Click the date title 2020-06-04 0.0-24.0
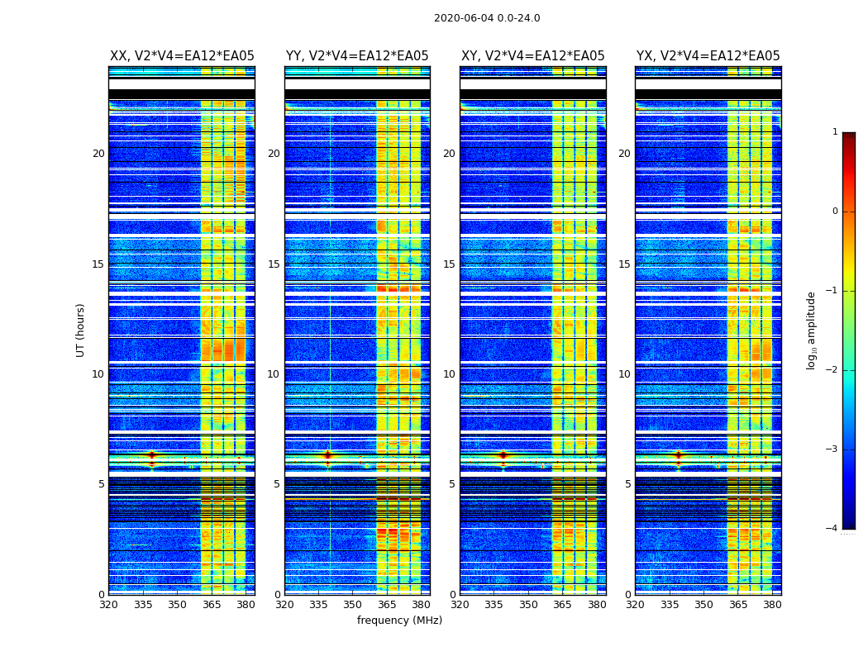click(487, 18)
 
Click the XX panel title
click(182, 56)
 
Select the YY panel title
click(357, 56)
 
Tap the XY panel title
click(532, 56)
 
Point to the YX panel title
click(708, 56)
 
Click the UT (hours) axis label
click(80, 330)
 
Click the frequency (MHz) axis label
click(399, 621)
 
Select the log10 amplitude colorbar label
click(812, 330)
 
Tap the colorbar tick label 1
click(834, 132)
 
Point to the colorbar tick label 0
click(834, 212)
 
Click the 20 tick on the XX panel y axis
click(98, 154)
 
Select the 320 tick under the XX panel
click(108, 606)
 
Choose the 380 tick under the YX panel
click(772, 606)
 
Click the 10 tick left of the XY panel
click(449, 374)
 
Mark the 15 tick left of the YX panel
click(624, 264)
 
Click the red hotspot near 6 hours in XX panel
click(151, 455)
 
